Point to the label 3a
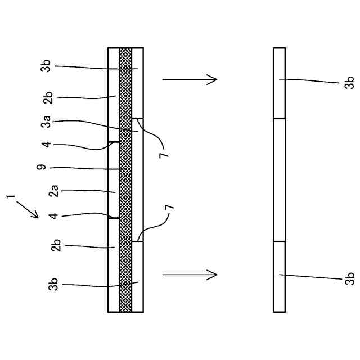pyautogui.click(x=47, y=120)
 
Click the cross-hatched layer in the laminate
pyautogui.click(x=125, y=180)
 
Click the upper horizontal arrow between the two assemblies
pyautogui.click(x=190, y=79)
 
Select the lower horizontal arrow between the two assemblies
pyautogui.click(x=190, y=274)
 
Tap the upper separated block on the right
pyautogui.click(x=279, y=83)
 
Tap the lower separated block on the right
pyautogui.click(x=279, y=276)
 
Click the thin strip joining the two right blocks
pyautogui.click(x=279, y=180)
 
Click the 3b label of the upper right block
pyautogui.click(x=349, y=82)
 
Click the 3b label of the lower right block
pyautogui.click(x=349, y=278)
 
